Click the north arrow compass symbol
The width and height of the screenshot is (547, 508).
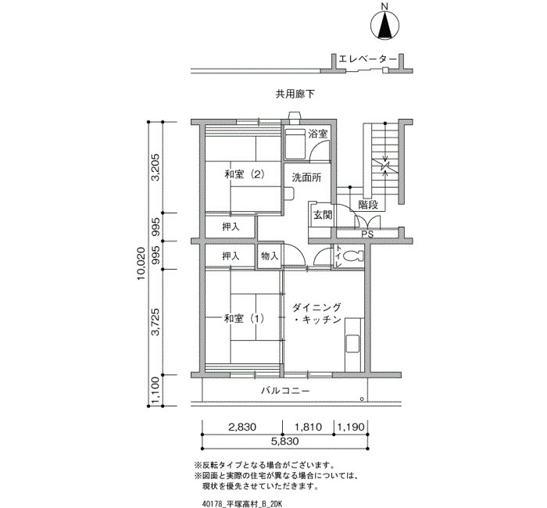pyautogui.click(x=384, y=24)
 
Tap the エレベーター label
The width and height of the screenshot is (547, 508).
pyautogui.click(x=368, y=59)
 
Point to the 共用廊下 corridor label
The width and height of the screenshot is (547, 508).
pyautogui.click(x=295, y=95)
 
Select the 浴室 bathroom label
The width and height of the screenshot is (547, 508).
pyautogui.click(x=318, y=134)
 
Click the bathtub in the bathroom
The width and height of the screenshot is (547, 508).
pyautogui.click(x=295, y=144)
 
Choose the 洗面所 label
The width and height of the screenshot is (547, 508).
pyautogui.click(x=306, y=177)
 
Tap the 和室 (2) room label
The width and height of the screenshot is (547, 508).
pyautogui.click(x=244, y=174)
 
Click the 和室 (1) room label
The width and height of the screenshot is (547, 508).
pyautogui.click(x=244, y=319)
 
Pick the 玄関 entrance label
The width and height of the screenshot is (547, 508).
pyautogui.click(x=322, y=215)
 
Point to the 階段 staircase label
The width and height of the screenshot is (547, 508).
pyautogui.click(x=368, y=205)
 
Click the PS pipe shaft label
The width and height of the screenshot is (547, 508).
pyautogui.click(x=367, y=234)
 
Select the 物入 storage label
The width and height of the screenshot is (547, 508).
pyautogui.click(x=270, y=256)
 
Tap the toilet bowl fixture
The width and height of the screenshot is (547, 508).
pyautogui.click(x=353, y=256)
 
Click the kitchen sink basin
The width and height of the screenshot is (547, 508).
pyautogui.click(x=352, y=344)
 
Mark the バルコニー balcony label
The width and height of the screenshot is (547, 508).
pyautogui.click(x=285, y=391)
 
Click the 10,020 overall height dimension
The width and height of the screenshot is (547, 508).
pyautogui.click(x=141, y=264)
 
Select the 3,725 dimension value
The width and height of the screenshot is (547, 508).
pyautogui.click(x=155, y=322)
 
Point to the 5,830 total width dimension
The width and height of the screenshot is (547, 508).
pyautogui.click(x=285, y=442)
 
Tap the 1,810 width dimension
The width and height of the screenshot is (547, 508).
pyautogui.click(x=308, y=427)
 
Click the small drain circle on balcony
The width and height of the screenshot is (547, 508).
pyautogui.click(x=362, y=399)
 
